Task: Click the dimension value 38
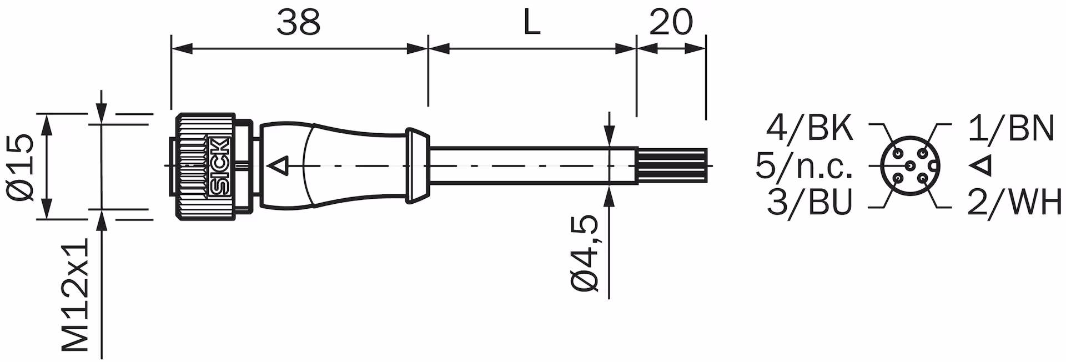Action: [299, 23]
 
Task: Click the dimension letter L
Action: [531, 23]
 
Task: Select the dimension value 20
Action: [671, 23]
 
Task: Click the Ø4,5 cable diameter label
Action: [585, 252]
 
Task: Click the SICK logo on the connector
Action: [220, 166]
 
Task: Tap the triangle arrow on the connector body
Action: [280, 165]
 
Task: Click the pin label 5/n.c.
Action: [803, 166]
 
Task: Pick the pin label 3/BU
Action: [809, 203]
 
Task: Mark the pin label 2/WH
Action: [1014, 203]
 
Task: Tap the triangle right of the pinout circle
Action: [982, 165]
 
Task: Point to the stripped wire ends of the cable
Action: [672, 165]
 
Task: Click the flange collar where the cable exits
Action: [418, 165]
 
